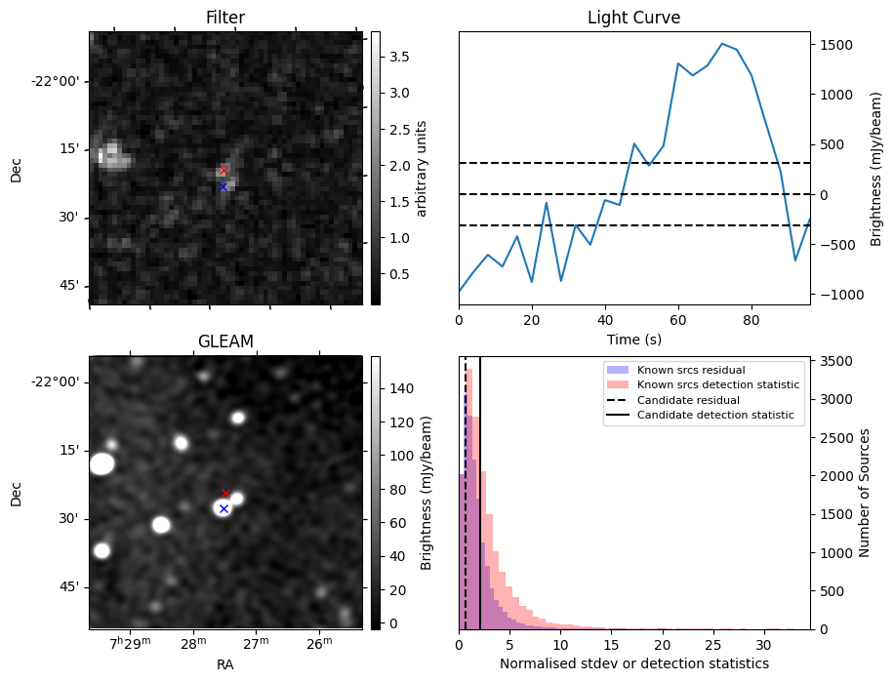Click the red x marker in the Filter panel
click(x=223, y=171)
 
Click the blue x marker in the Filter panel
click(x=223, y=186)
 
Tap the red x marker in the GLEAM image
click(x=225, y=493)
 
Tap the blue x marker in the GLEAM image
click(x=223, y=508)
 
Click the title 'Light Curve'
click(x=633, y=18)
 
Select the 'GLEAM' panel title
click(x=225, y=341)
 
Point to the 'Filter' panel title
click(x=225, y=18)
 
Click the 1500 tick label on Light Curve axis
click(x=836, y=45)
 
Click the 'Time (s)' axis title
click(x=633, y=338)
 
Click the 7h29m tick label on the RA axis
click(x=131, y=643)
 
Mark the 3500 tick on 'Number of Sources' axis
click(x=836, y=362)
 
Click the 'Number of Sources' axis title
click(x=865, y=493)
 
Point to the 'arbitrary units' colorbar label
click(x=422, y=168)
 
